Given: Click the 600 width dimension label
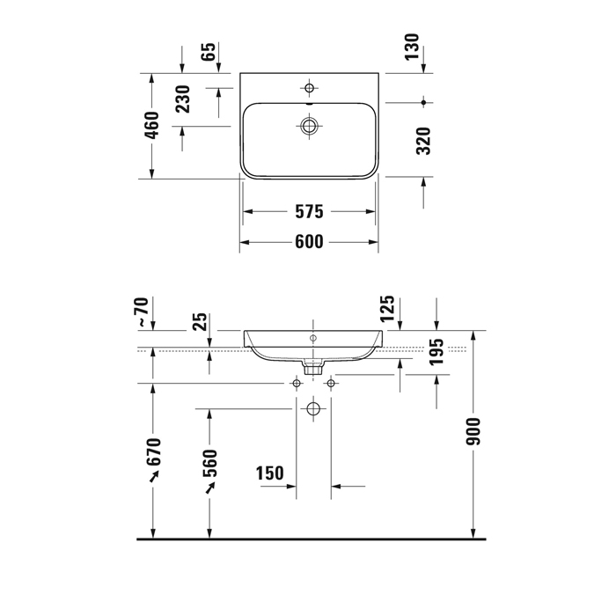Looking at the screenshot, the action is [309, 242].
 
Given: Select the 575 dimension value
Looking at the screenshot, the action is [309, 212].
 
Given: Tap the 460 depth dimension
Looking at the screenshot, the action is [152, 125].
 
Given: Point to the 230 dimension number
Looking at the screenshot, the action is [183, 99].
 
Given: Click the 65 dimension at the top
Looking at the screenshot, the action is [209, 52].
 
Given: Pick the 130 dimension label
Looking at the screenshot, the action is [412, 48].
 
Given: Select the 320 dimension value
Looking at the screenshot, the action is [423, 141].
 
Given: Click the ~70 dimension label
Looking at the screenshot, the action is [143, 312].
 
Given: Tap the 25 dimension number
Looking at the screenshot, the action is [200, 322].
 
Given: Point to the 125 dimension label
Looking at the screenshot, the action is [387, 308].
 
